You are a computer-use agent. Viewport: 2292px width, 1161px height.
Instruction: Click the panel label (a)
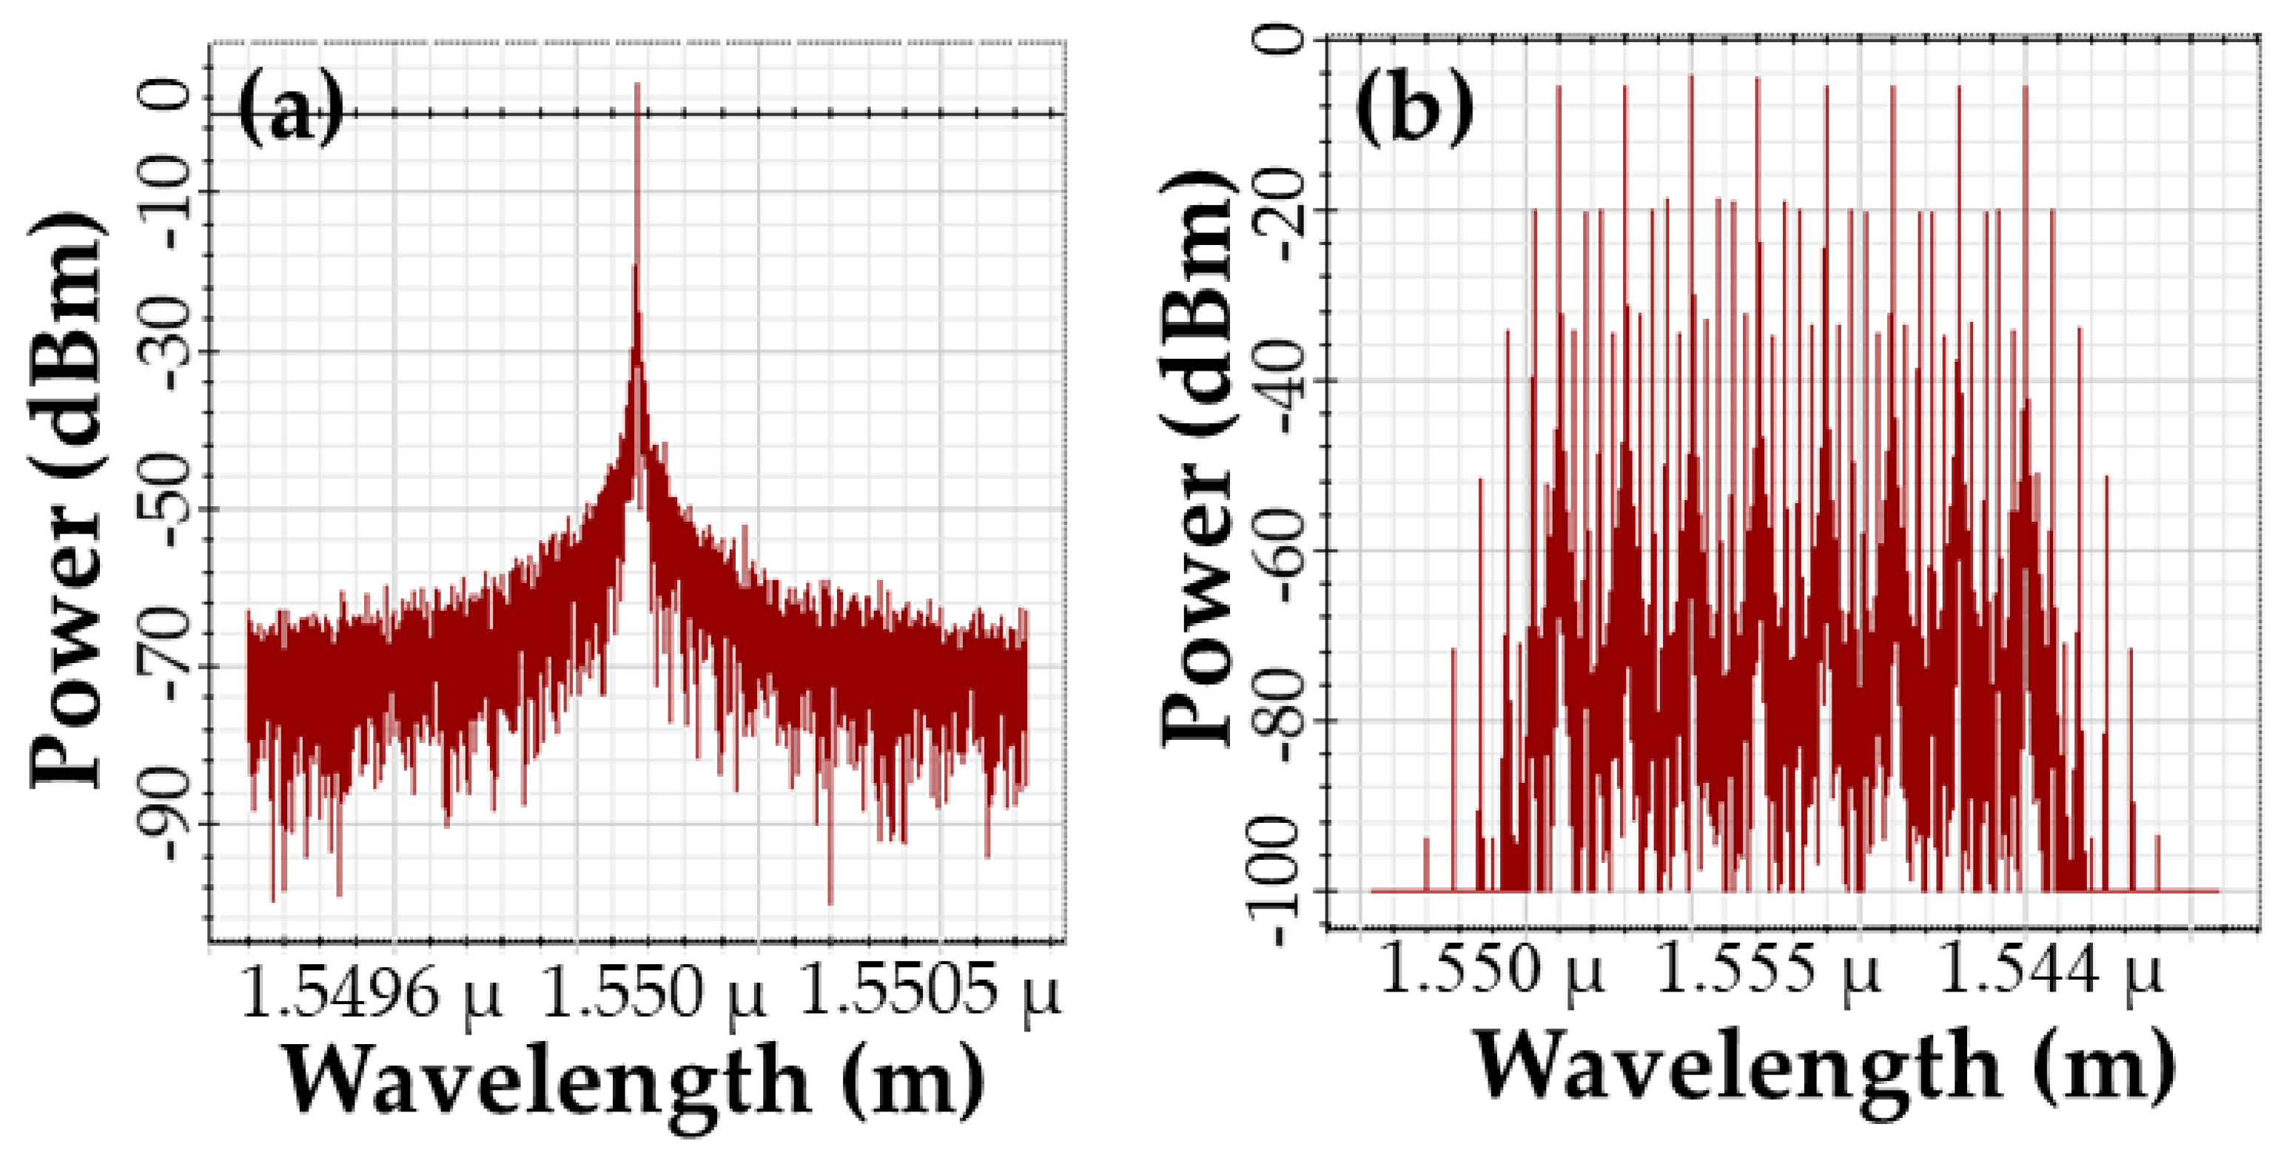[x=290, y=110]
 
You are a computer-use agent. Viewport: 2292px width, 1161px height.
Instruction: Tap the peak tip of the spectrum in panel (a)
[x=636, y=84]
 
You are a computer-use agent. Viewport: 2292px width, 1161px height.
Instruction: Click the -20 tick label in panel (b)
[x=1291, y=211]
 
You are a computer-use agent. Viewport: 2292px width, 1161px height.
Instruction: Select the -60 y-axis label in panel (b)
[x=1291, y=550]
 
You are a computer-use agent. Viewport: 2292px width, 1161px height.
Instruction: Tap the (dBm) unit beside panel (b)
[x=1197, y=303]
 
